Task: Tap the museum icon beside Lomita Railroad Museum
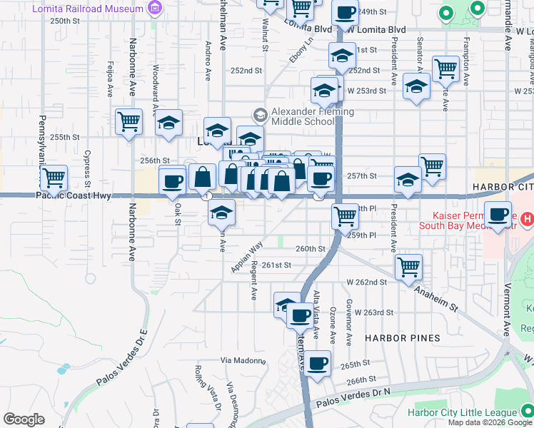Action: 154,8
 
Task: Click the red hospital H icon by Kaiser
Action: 527,218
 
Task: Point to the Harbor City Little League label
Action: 462,412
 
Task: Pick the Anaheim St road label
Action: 436,293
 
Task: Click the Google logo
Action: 24,419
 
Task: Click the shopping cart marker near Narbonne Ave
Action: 129,121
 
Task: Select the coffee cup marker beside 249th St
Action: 346,12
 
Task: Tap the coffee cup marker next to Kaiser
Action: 497,213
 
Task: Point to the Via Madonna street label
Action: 243,360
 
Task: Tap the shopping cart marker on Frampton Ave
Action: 445,68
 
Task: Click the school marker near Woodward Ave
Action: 168,122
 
